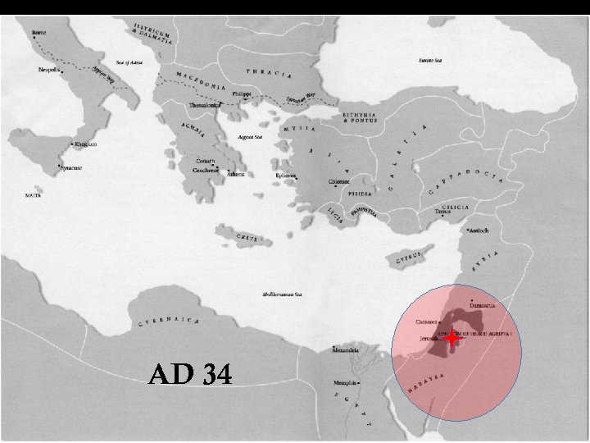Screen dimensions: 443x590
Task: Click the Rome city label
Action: click(x=39, y=33)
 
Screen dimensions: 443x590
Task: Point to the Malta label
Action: click(x=34, y=196)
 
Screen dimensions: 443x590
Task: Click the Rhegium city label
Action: click(x=86, y=144)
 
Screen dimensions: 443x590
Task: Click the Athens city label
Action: click(x=235, y=174)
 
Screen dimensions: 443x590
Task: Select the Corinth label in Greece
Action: click(x=206, y=162)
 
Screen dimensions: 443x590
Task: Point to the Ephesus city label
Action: click(x=285, y=175)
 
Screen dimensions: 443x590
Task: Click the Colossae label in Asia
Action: click(x=339, y=181)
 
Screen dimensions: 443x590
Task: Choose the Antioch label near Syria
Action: click(x=478, y=231)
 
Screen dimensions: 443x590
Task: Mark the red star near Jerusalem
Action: click(x=452, y=337)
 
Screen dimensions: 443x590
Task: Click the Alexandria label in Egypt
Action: click(x=344, y=350)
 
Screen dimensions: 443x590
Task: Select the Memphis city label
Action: click(x=344, y=382)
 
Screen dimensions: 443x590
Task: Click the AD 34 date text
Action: click(x=191, y=374)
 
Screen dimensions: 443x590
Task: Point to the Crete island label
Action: click(x=249, y=238)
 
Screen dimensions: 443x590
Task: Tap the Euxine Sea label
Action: click(x=431, y=60)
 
